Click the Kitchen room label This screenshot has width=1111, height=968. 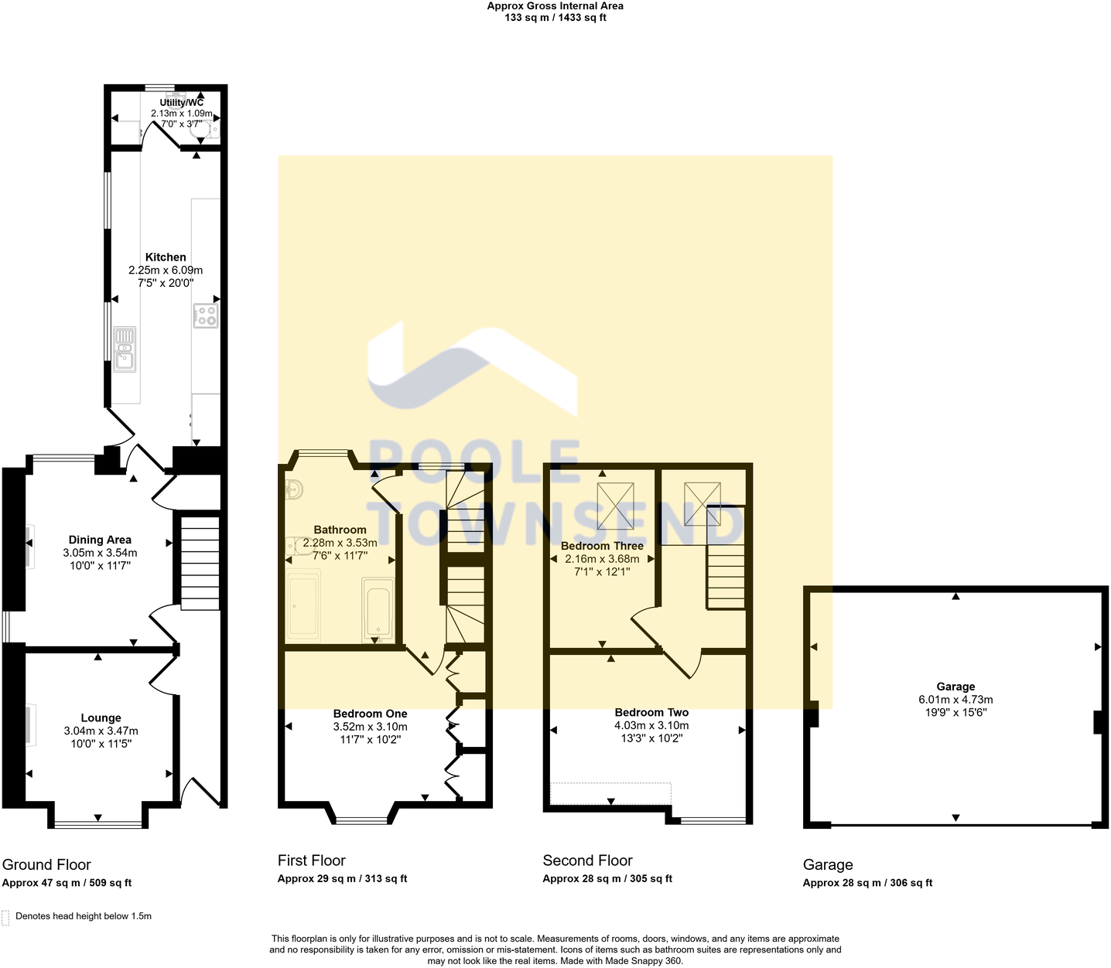click(x=166, y=257)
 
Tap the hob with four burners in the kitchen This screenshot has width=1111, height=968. click(x=206, y=315)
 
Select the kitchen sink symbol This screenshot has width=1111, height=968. click(x=124, y=349)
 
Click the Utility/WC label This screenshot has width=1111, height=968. click(x=182, y=103)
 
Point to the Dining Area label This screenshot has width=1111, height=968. click(x=100, y=540)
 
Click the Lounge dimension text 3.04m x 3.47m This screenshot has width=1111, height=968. click(x=101, y=731)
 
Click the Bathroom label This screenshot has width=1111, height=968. click(x=340, y=530)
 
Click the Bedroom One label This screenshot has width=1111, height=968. click(x=370, y=714)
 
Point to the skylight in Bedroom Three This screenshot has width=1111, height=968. click(x=615, y=506)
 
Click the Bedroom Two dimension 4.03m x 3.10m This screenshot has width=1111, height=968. click(x=651, y=725)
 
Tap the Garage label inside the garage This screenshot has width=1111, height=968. click(x=955, y=687)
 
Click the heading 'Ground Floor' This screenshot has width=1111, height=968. click(x=46, y=864)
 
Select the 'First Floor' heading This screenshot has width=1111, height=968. click(x=312, y=861)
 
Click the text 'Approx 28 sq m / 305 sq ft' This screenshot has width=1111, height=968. click(x=607, y=878)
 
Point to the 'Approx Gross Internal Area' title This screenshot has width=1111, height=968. click(x=555, y=6)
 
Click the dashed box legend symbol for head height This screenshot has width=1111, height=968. click(x=6, y=917)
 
